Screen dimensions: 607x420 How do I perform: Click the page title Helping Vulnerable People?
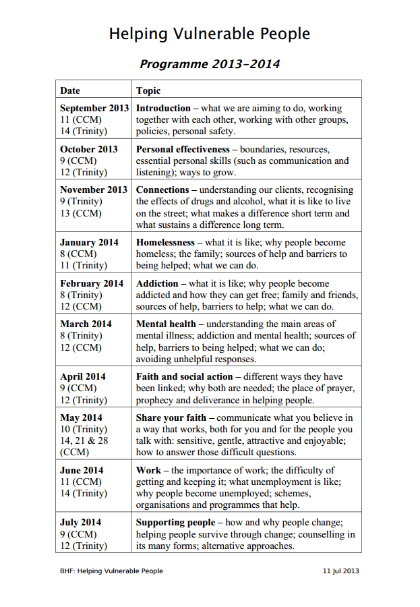210,34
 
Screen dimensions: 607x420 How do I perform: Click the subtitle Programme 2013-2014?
210,65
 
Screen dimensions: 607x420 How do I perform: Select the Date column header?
70,90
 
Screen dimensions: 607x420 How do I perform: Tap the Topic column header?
148,90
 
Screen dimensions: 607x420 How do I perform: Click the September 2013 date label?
94,108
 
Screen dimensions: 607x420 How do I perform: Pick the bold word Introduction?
163,108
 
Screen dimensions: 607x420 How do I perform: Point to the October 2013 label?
88,149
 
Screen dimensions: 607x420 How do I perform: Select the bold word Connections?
162,190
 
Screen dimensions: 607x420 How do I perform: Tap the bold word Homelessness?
165,242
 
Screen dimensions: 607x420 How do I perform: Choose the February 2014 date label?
92,283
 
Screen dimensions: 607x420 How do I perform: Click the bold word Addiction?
157,283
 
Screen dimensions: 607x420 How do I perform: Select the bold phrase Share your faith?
171,417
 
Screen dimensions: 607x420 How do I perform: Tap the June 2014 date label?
81,470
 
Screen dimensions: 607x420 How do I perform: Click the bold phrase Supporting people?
175,523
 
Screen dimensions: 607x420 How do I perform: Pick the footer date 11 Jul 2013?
340,571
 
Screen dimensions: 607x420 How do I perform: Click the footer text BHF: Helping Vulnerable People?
111,571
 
